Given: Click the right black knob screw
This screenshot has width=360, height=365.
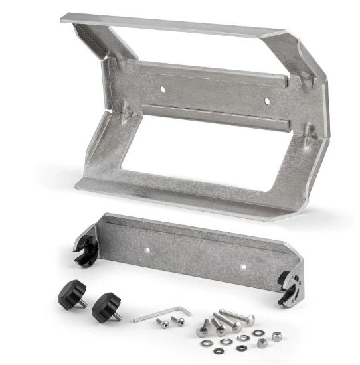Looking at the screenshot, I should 104,306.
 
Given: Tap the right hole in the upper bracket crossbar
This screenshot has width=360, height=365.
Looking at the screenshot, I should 268,102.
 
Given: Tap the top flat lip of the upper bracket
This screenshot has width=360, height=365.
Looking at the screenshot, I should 173,24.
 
